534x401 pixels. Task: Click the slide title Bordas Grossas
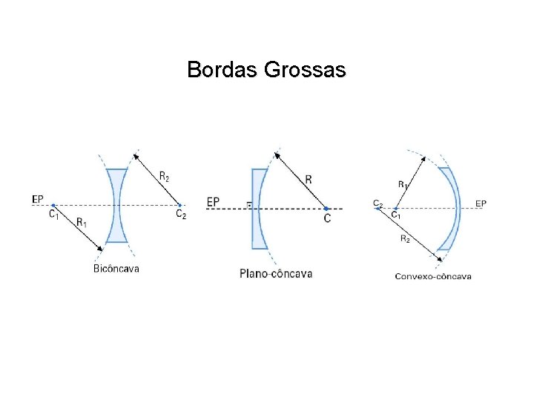266,70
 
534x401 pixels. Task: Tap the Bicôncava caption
117,268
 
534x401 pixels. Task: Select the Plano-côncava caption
276,273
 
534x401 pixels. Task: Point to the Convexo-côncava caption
433,276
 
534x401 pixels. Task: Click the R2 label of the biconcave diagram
164,177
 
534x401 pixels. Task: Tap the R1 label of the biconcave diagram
82,221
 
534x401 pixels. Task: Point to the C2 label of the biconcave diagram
181,215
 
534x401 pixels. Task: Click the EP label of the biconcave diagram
38,199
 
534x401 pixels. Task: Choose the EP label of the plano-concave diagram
213,201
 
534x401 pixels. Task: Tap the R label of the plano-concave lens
309,179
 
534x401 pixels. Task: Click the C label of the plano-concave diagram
327,219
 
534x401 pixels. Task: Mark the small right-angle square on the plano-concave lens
249,204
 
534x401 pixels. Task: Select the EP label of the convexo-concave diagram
481,203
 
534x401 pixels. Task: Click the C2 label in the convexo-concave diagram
378,202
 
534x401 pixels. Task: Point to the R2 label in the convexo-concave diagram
405,238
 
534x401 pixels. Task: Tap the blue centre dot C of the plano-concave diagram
326,208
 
